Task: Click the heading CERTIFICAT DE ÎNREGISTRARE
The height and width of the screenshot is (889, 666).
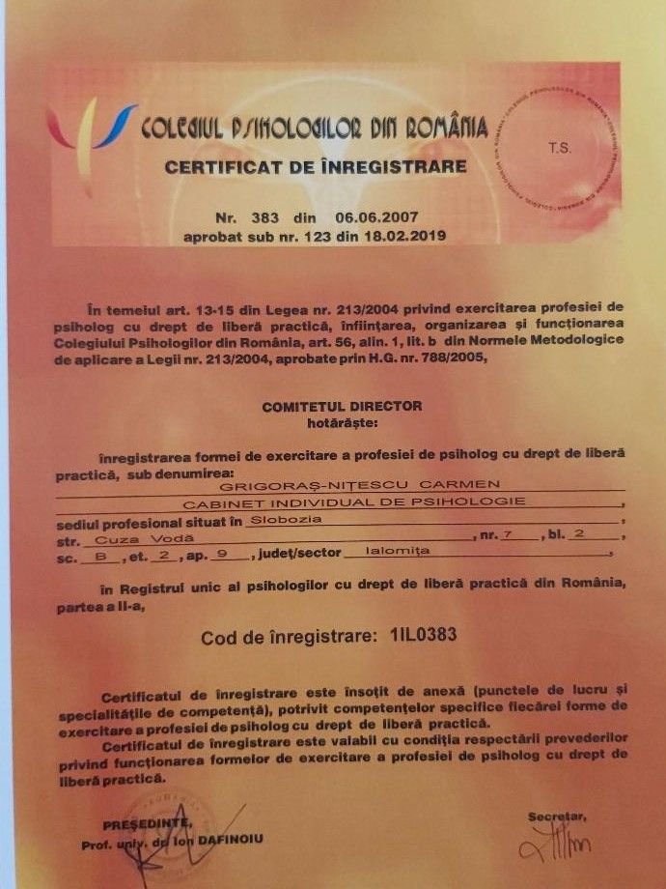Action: [x=316, y=166]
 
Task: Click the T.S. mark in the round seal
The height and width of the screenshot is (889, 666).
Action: [x=560, y=148]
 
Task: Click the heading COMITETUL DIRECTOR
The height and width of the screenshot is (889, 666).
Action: [x=342, y=406]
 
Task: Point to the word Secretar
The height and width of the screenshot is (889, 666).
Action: [x=557, y=817]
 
